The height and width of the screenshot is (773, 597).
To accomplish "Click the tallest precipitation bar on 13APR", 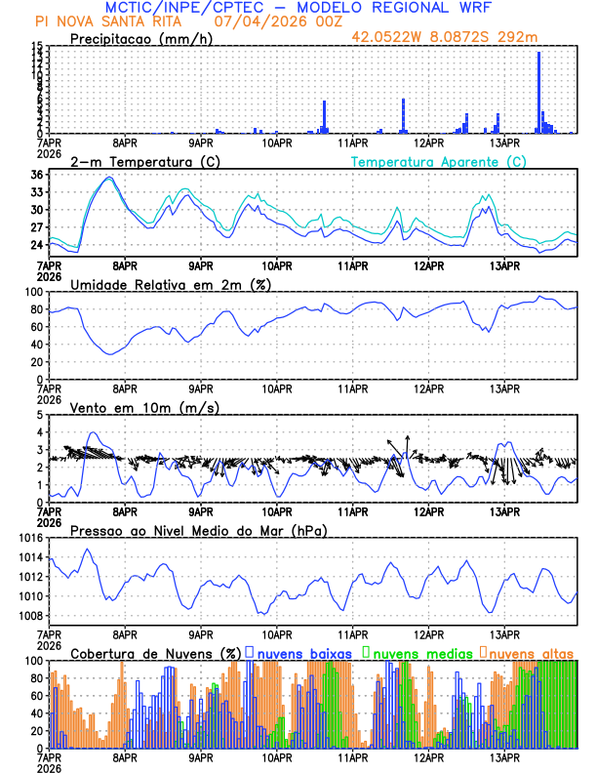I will tap(538, 93).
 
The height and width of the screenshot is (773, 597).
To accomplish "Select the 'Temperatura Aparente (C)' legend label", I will tap(438, 161).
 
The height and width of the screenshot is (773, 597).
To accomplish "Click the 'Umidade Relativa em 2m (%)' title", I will tap(172, 284).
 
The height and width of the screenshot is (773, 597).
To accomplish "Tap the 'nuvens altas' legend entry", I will tap(531, 652).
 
